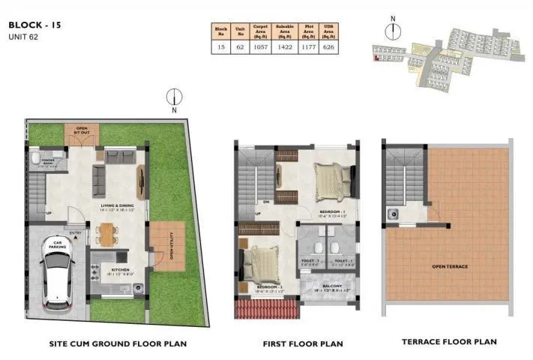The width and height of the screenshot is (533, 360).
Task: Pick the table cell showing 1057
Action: pos(260,46)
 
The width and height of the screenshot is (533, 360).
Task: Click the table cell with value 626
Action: pos(327,46)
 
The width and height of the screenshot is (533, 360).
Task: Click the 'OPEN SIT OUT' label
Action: pos(82,130)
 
